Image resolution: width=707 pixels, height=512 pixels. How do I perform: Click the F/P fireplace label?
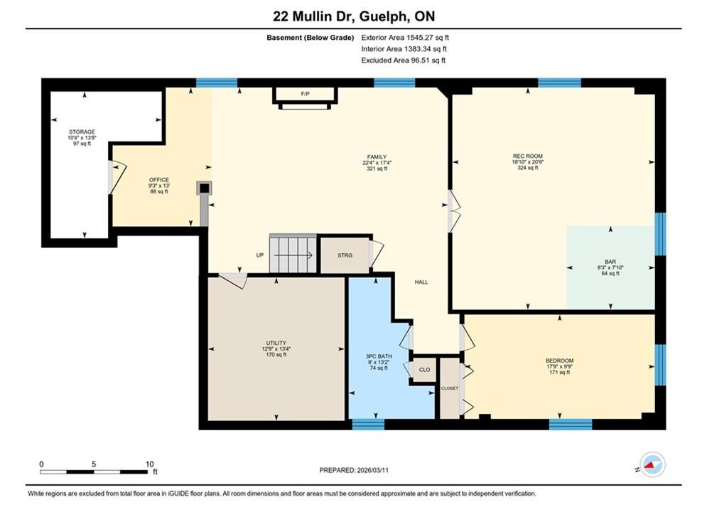[x=306, y=94]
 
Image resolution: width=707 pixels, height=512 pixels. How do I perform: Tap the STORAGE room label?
[x=82, y=132]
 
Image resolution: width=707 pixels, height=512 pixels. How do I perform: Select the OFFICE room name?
[x=159, y=179]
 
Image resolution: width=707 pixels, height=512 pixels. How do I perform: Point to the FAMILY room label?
[x=377, y=157]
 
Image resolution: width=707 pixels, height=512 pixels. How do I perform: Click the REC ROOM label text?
[x=527, y=156]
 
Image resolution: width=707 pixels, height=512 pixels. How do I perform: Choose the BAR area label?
[x=610, y=262]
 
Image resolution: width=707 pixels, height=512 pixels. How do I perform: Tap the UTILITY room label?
[x=276, y=343]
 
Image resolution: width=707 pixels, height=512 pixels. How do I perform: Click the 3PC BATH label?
[x=379, y=356]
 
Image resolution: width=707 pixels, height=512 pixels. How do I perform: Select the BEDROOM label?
[x=559, y=361]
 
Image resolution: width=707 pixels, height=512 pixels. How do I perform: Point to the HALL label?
[x=421, y=282]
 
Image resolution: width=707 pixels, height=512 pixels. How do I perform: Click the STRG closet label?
[x=345, y=255]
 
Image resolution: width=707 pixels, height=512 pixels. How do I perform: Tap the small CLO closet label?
[x=425, y=370]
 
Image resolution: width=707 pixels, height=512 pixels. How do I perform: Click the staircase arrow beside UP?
[x=293, y=255]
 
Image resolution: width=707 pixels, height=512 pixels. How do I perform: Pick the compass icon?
[x=652, y=464]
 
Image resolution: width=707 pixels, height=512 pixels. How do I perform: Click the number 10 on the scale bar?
[x=150, y=464]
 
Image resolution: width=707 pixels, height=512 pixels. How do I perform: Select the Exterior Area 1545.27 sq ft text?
[x=405, y=38]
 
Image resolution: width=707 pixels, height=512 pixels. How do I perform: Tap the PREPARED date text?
[x=354, y=470]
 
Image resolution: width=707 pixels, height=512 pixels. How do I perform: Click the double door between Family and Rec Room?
[x=454, y=211]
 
